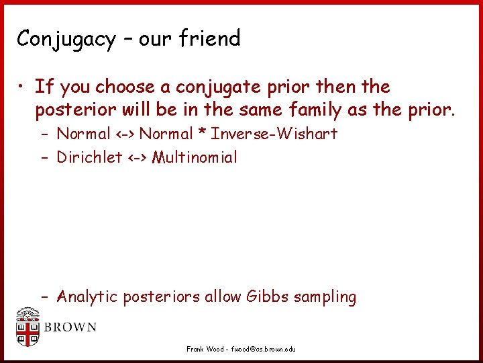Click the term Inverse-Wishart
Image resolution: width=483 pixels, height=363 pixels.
[x=274, y=134]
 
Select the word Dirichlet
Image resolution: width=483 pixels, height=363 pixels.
[x=89, y=157]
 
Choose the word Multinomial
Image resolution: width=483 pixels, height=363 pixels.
[x=195, y=157]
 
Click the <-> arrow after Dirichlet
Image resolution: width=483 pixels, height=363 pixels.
[x=137, y=158]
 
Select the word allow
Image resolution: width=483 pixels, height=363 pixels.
[x=223, y=296]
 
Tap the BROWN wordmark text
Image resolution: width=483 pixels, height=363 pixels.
[x=70, y=328]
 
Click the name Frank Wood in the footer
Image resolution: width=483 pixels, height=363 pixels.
[x=205, y=349]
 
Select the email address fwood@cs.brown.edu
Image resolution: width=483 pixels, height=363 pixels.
[x=263, y=349]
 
